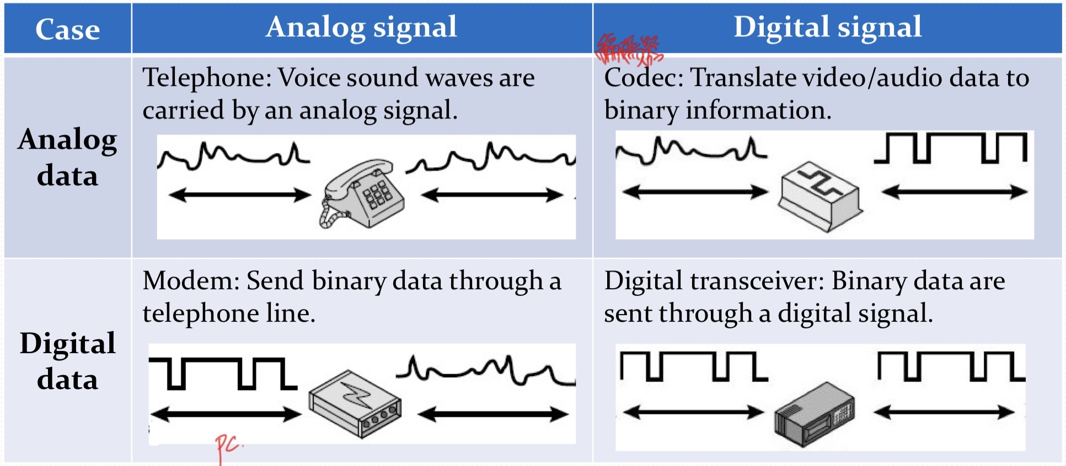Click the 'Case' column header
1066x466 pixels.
point(67,29)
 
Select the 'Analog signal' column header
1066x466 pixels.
point(361,27)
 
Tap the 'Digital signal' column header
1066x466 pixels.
point(827,27)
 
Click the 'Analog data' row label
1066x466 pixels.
point(67,157)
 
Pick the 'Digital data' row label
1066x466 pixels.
point(67,361)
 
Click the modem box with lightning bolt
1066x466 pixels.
point(355,404)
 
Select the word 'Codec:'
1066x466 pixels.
point(644,78)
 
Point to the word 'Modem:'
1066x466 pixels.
point(191,281)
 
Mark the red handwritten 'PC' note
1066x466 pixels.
point(228,446)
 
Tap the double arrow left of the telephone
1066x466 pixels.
point(240,194)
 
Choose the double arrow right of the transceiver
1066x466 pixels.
point(944,412)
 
